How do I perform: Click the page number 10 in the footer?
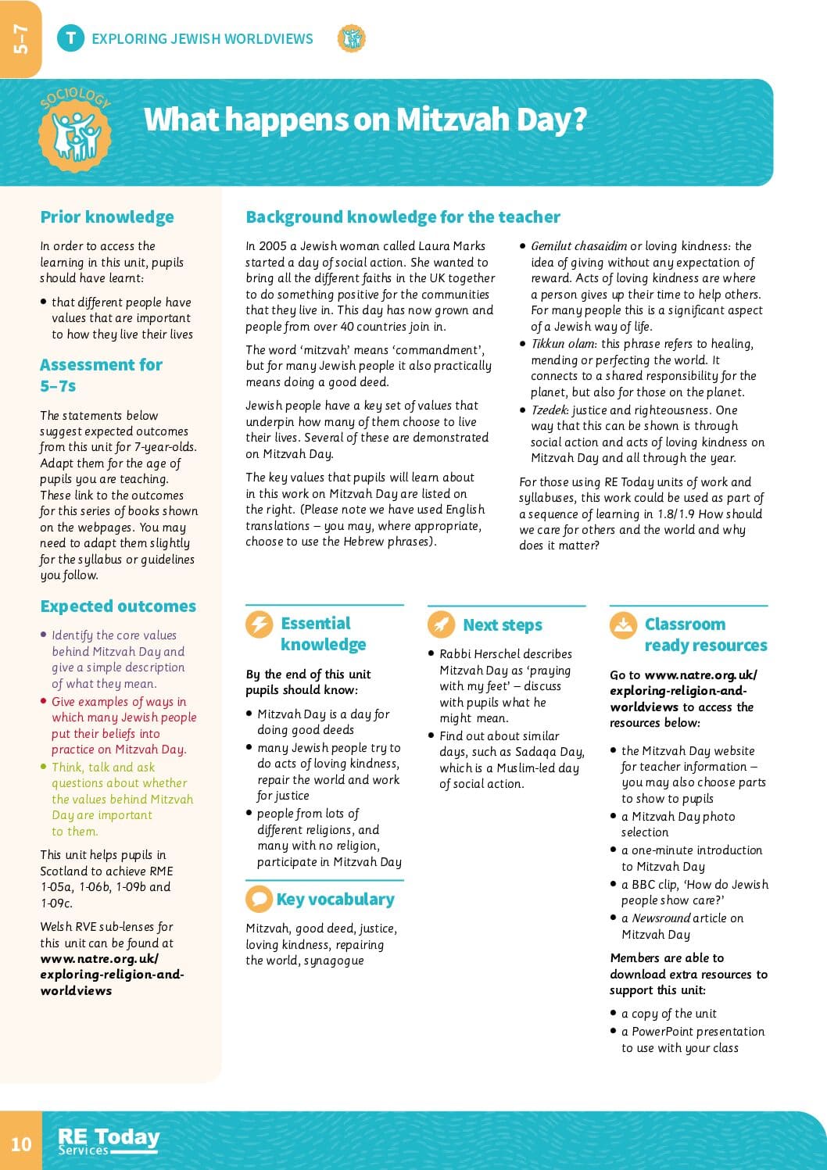click(21, 1144)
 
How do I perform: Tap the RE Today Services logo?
click(109, 1141)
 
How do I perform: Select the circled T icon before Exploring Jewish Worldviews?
click(70, 38)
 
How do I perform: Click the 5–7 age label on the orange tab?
click(20, 39)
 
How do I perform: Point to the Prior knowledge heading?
click(107, 217)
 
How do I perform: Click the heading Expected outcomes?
click(118, 606)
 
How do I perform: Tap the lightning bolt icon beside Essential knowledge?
click(259, 624)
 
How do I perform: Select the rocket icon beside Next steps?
click(441, 624)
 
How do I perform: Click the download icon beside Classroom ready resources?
click(623, 624)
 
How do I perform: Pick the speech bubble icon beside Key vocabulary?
click(259, 899)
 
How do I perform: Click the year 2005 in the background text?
click(273, 246)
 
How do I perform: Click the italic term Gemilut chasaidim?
click(578, 246)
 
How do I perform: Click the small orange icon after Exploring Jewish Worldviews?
click(352, 38)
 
